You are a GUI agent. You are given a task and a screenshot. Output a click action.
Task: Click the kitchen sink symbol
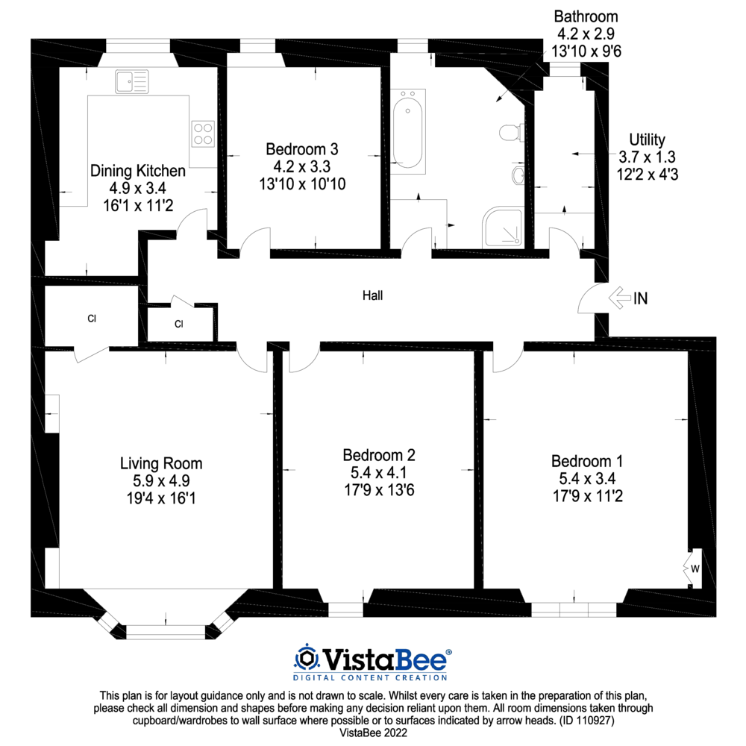click(x=132, y=81)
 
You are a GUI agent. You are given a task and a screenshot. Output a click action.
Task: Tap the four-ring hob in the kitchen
click(x=203, y=133)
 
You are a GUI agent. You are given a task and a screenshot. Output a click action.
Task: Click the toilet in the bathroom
click(x=510, y=133)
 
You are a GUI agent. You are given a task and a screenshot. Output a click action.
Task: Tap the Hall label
click(x=372, y=296)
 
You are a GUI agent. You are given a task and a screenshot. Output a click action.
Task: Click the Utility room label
click(x=647, y=140)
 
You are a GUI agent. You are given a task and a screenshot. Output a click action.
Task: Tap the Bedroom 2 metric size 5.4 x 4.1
click(x=378, y=472)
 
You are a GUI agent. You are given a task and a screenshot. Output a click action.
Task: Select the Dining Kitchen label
click(x=138, y=172)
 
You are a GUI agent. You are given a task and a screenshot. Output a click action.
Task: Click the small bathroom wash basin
click(x=518, y=176)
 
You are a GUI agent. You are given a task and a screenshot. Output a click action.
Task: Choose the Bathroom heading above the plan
click(x=586, y=16)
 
